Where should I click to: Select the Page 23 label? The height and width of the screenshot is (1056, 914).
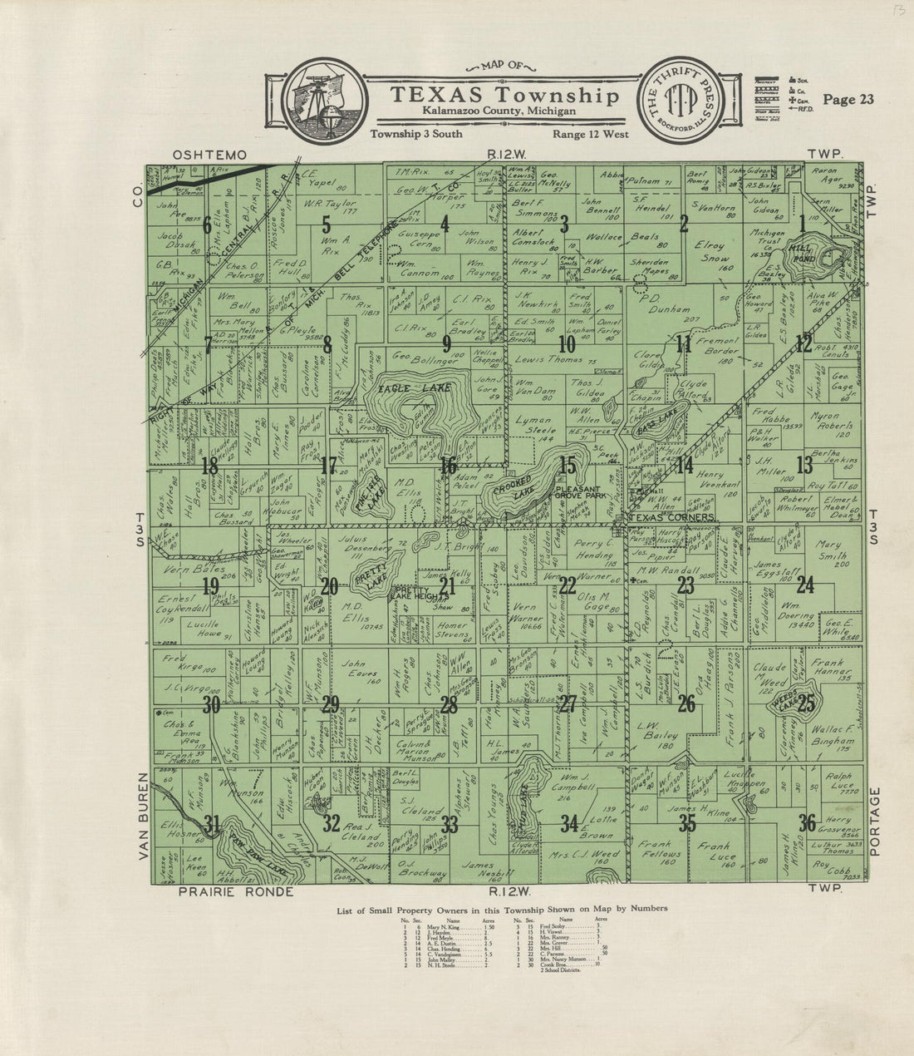tap(848, 100)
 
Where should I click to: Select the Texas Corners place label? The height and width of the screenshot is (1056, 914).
tap(672, 517)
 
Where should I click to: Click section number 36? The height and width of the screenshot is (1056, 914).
tap(806, 824)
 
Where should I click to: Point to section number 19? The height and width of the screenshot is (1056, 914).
tap(210, 586)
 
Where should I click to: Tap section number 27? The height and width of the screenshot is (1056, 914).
tap(568, 704)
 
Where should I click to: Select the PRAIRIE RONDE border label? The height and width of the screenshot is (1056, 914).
tap(224, 892)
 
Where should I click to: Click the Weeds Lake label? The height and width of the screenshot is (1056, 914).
tap(783, 705)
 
